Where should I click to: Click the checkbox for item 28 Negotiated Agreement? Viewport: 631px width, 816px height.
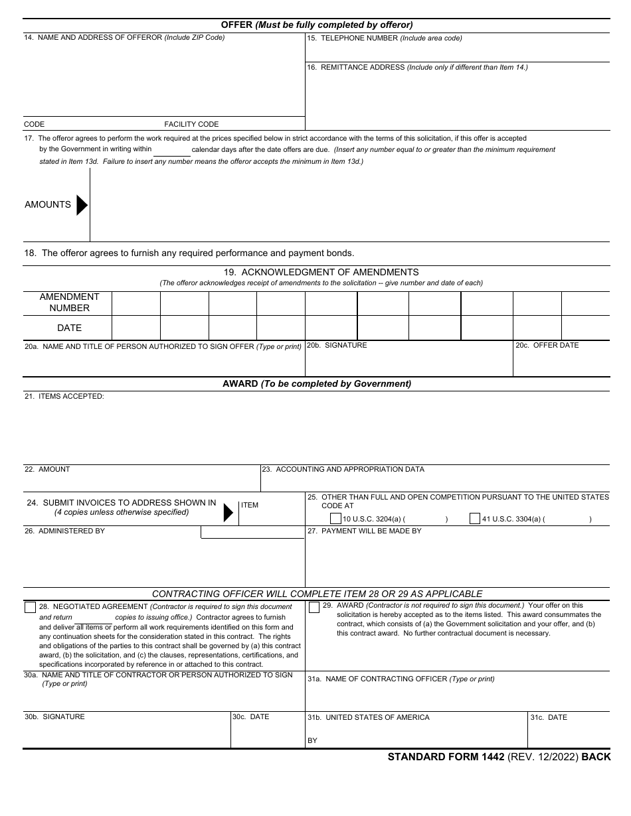[31, 607]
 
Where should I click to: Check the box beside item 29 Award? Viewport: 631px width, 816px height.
[314, 607]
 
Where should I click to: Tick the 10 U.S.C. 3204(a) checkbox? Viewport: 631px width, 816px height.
[335, 519]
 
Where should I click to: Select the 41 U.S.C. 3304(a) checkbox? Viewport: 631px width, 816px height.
[475, 519]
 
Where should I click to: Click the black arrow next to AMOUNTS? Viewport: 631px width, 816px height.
[82, 205]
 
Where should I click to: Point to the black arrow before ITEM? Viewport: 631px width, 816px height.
[228, 512]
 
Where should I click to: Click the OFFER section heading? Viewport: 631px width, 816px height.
[317, 25]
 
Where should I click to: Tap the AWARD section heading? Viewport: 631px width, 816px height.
[317, 383]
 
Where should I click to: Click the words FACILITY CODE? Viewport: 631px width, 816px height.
[191, 124]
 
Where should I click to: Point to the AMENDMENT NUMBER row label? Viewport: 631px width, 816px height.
[69, 303]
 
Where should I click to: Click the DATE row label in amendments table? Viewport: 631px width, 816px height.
[69, 328]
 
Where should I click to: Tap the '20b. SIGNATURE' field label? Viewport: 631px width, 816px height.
[337, 346]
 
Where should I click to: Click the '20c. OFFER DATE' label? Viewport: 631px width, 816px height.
[547, 346]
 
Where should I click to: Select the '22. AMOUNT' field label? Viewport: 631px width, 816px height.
[47, 470]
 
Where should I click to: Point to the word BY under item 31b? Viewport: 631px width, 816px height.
[312, 740]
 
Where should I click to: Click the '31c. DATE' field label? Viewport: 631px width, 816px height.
[549, 718]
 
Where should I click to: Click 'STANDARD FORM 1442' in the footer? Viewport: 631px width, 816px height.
[446, 757]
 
